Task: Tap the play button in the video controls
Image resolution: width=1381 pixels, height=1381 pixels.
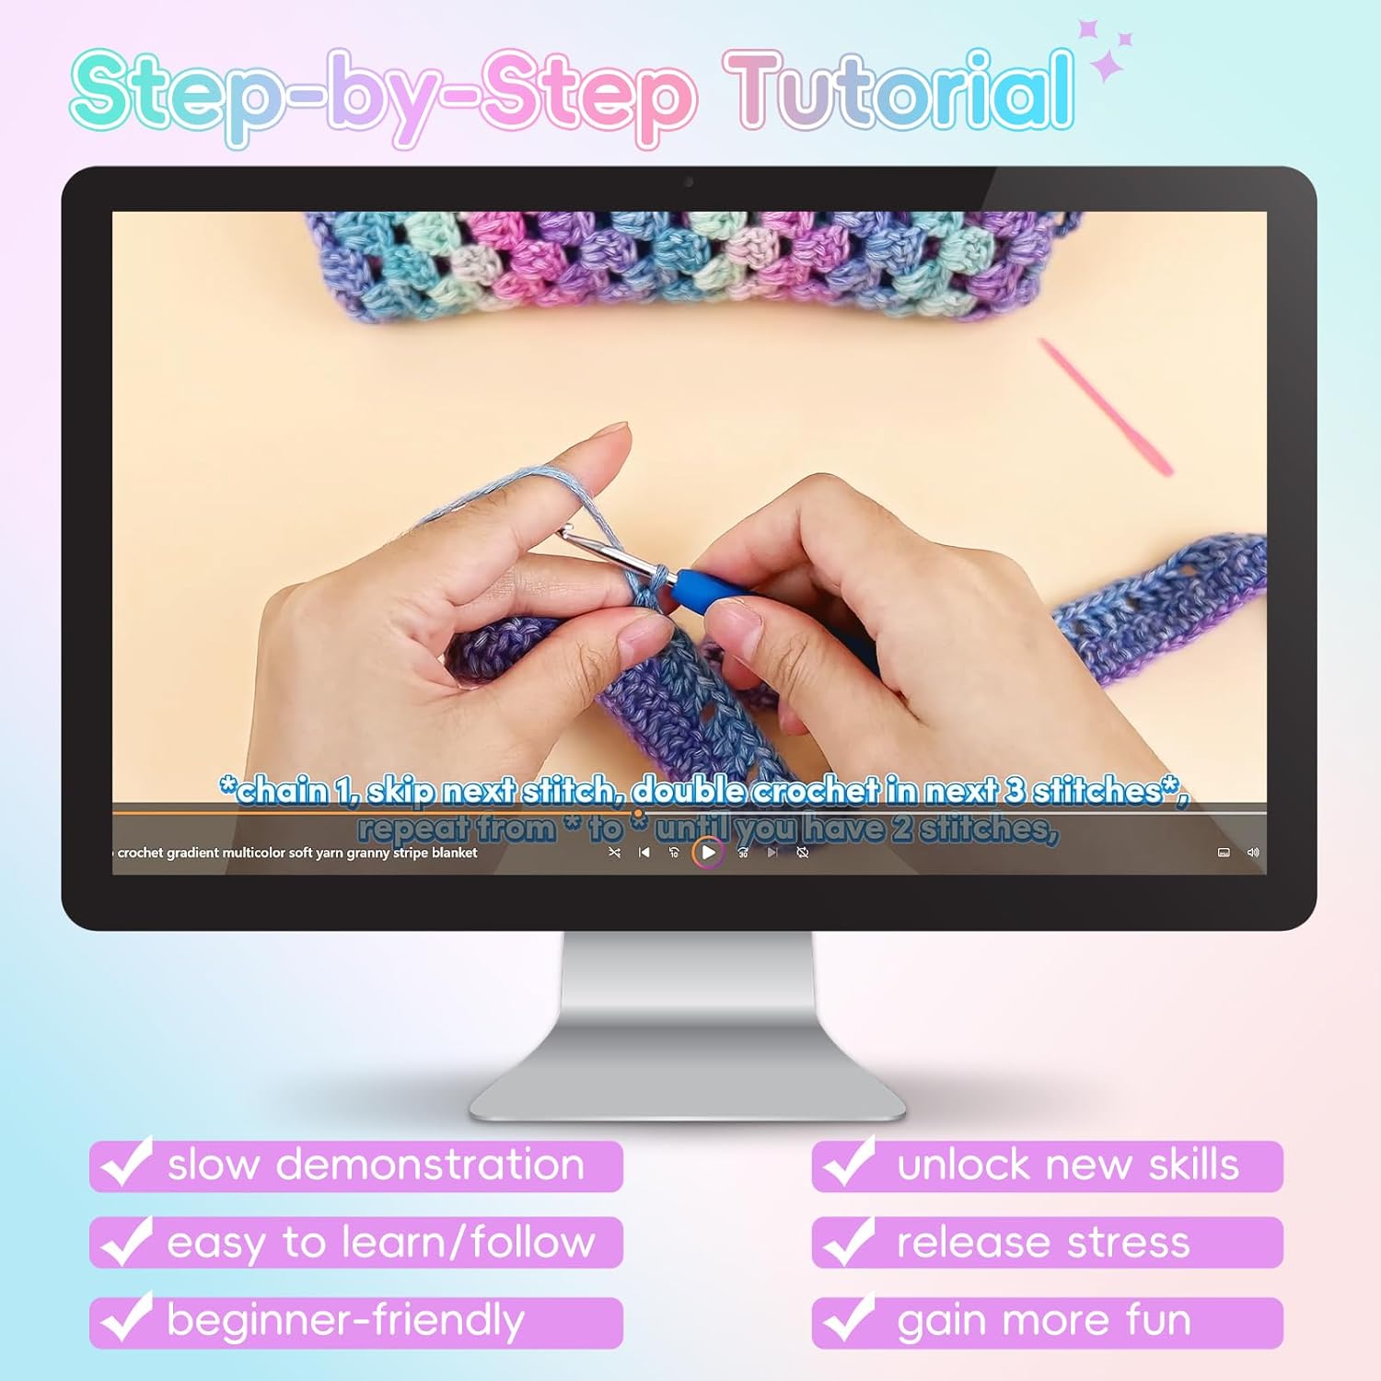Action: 708,853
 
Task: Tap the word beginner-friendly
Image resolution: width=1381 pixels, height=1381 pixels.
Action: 345,1320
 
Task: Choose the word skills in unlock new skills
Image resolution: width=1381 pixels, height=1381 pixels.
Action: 1193,1165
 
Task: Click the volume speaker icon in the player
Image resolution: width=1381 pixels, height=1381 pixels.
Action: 1253,853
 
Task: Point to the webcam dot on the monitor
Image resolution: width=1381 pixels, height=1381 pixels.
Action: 689,182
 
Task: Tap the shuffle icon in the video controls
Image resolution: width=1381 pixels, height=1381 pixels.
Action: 614,853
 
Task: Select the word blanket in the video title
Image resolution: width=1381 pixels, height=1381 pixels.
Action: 454,853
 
